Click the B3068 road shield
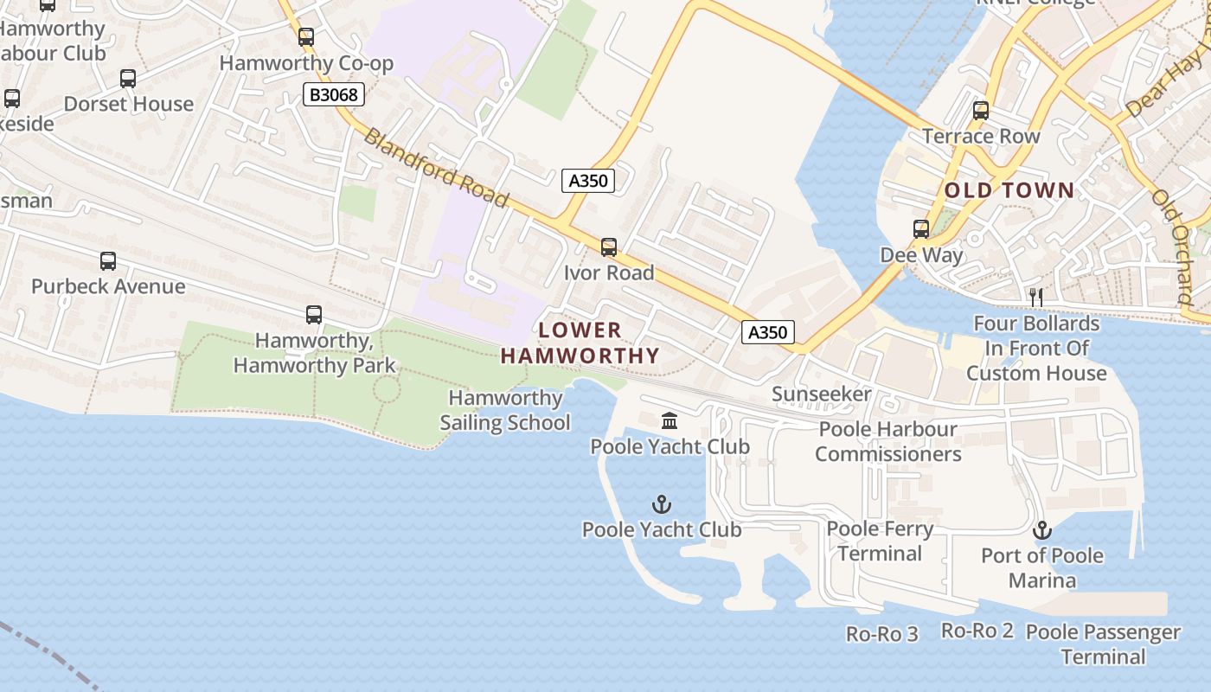tap(333, 94)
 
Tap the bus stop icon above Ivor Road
tap(609, 247)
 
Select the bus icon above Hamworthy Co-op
tap(305, 37)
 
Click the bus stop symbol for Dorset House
tap(128, 79)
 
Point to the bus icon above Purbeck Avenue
tap(108, 261)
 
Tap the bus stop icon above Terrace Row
tap(980, 111)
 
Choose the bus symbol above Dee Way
tap(921, 229)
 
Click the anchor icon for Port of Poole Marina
tap(1041, 529)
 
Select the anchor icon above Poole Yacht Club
tap(662, 503)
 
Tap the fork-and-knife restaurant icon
tap(1036, 298)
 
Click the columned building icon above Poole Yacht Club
tap(670, 421)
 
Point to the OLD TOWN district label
tap(1009, 190)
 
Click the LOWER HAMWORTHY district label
tap(580, 343)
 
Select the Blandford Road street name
tap(436, 168)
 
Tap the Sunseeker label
tap(821, 394)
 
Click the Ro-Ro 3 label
tap(881, 634)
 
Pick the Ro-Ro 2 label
tap(977, 631)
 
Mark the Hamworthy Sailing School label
tap(505, 410)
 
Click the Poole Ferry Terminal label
tap(880, 541)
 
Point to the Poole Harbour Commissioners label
tap(887, 441)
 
